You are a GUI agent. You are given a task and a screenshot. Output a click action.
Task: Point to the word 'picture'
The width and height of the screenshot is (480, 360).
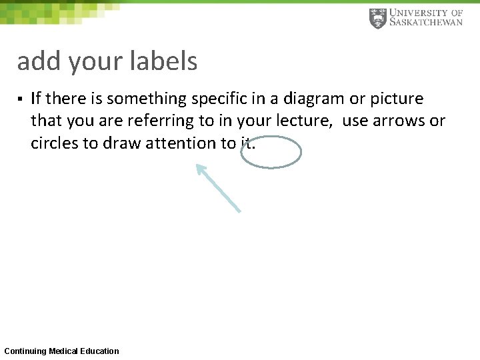[398, 99]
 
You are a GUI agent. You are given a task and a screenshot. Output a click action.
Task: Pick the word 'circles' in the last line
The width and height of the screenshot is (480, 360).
[55, 143]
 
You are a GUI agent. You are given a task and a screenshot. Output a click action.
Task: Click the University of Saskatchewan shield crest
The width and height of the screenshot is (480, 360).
[377, 18]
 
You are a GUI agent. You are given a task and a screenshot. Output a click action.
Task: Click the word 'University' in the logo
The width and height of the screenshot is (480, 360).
[417, 12]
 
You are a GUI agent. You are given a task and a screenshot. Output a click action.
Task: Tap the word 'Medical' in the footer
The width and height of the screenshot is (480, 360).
[63, 351]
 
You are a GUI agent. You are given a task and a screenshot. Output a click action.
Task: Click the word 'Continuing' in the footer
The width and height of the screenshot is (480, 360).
[25, 351]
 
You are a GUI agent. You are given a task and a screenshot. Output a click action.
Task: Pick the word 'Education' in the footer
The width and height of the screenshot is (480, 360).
[100, 351]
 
